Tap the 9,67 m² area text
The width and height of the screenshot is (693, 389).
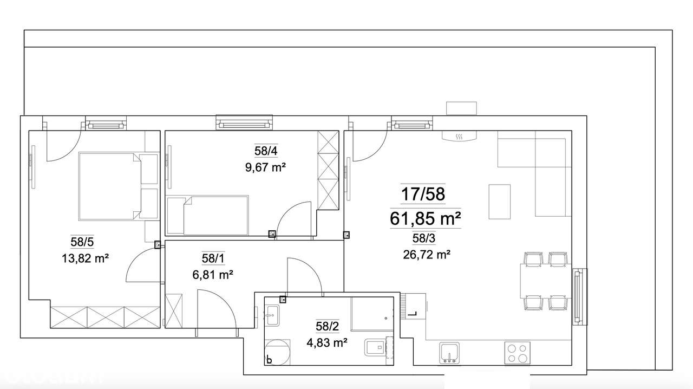[x=265, y=167]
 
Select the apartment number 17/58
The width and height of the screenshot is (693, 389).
[x=423, y=193]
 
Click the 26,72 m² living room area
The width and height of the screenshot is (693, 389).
[x=427, y=254]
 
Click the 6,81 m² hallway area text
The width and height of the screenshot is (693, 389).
[x=213, y=275]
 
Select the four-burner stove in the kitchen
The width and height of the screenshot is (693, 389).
[x=518, y=353]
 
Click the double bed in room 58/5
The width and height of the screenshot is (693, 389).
[x=111, y=186]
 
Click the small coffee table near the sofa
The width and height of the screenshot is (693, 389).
[x=499, y=201]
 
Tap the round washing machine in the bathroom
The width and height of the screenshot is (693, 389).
[x=277, y=352]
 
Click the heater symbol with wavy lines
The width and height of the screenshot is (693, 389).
[x=459, y=137]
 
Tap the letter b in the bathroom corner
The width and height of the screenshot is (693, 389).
[x=269, y=359]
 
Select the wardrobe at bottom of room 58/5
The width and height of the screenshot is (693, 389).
[x=106, y=317]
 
